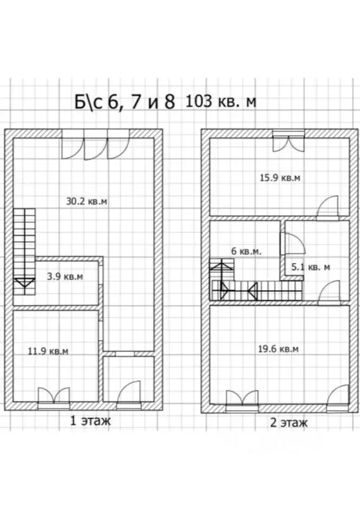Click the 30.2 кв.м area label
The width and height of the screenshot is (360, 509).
[86, 202]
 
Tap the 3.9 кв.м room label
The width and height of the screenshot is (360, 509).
[65, 277]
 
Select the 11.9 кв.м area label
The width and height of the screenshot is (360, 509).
[48, 351]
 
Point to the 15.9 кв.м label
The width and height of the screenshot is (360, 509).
[280, 178]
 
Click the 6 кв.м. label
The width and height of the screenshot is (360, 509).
[246, 252]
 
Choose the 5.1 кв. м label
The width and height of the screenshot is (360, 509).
[311, 267]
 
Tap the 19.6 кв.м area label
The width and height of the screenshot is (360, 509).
[278, 349]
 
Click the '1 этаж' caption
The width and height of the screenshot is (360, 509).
[90, 421]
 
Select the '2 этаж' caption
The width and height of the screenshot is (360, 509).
[289, 423]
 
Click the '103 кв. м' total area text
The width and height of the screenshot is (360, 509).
[221, 102]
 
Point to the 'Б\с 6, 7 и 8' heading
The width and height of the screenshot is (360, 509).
[125, 102]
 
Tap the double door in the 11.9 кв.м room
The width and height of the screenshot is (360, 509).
[54, 396]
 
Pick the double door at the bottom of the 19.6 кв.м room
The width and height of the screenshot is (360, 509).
[242, 398]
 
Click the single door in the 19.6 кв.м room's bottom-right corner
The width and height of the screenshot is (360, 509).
[337, 395]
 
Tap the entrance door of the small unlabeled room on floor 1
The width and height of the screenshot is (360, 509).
[128, 392]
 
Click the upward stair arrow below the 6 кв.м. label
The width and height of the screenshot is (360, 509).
[223, 267]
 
